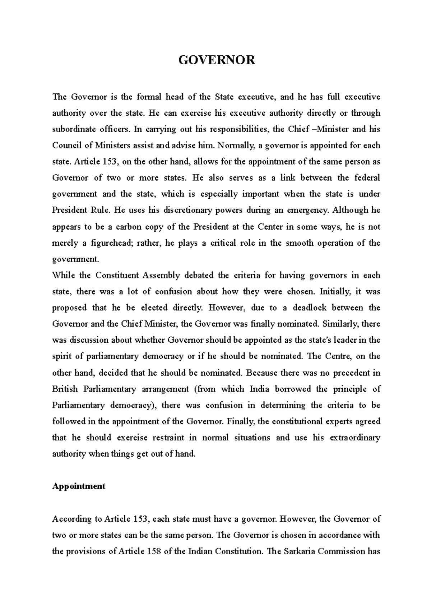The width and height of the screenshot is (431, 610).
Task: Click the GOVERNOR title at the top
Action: click(x=217, y=60)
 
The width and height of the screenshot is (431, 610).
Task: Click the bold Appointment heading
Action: click(x=79, y=486)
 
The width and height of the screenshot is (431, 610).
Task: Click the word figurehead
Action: click(x=109, y=243)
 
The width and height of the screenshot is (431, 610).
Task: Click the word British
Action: click(x=65, y=389)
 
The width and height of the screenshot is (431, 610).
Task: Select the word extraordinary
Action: click(x=354, y=438)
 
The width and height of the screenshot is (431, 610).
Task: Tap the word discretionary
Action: click(x=187, y=211)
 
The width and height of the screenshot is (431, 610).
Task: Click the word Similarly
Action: click(x=340, y=324)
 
